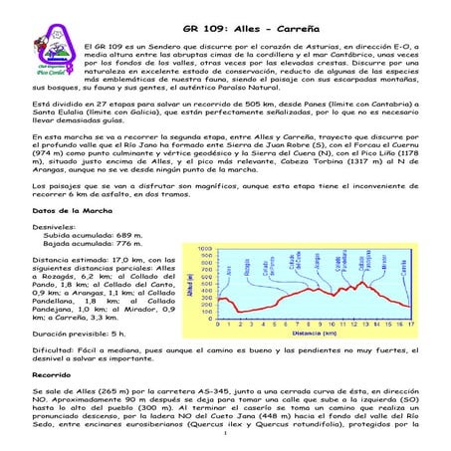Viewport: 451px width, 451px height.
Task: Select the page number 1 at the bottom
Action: pyautogui.click(x=225, y=434)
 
